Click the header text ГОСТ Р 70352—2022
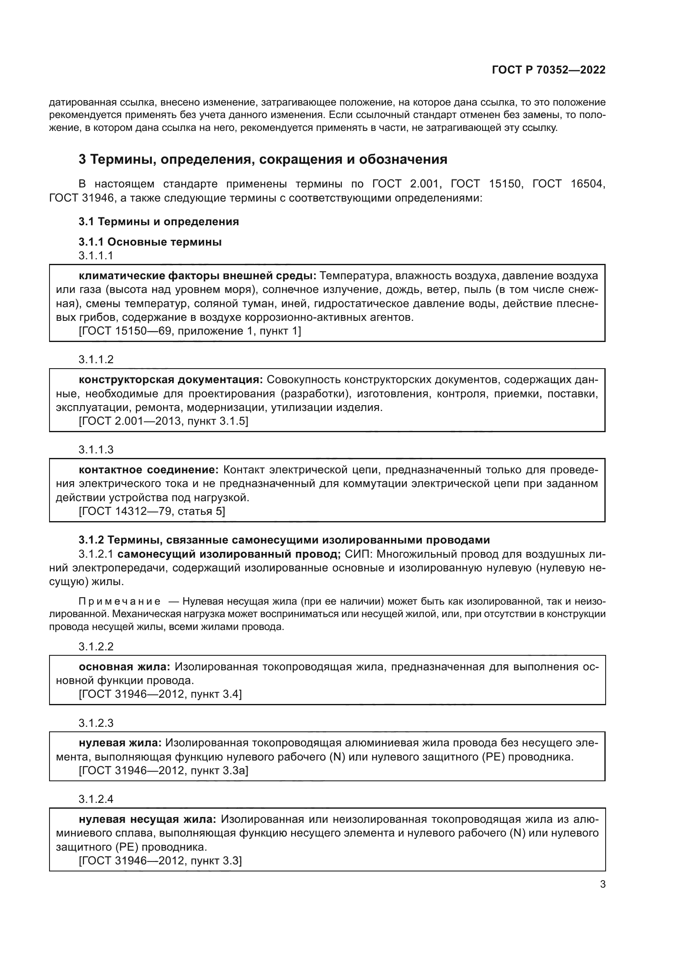coord(548,70)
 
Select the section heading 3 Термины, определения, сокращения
coord(262,160)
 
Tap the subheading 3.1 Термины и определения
coord(158,221)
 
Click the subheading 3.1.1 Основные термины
coord(150,242)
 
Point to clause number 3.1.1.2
coord(96,359)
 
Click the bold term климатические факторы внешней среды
coord(198,276)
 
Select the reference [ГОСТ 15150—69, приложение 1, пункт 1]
coord(190,331)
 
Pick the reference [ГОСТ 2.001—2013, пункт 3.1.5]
coord(163,421)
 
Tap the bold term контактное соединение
coord(148,470)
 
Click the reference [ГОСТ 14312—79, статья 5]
coord(152,512)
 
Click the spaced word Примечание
coord(119,602)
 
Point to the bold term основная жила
coord(124,667)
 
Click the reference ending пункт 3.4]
coord(160,694)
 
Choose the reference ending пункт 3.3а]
coord(163,770)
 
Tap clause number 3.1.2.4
coord(96,799)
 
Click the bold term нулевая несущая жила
coord(147,819)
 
